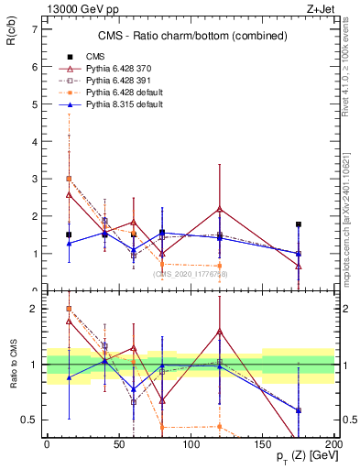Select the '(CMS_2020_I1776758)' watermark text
(191, 274)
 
